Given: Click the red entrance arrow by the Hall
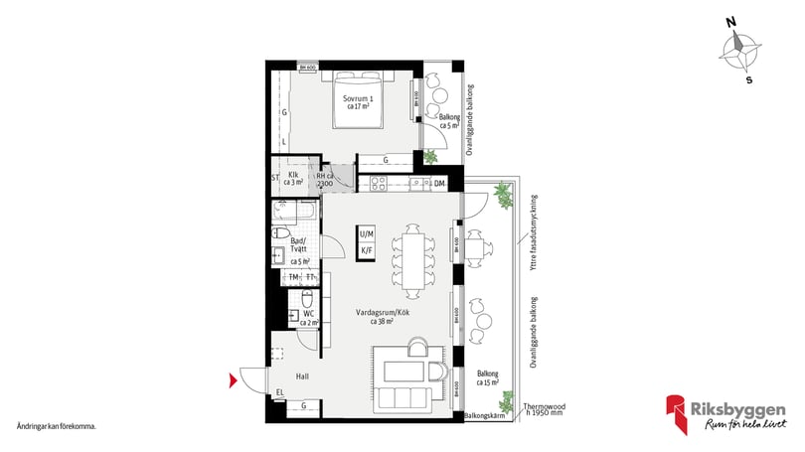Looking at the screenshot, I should pos(234,378).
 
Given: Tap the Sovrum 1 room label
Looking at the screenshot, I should pos(358,102).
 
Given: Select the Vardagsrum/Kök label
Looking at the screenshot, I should pos(382,315).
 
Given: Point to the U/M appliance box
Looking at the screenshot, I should pos(367,233).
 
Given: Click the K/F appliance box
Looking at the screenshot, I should pos(367,250).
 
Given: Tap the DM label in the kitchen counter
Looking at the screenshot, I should pos(439,184).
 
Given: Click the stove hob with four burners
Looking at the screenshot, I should pos(377,184).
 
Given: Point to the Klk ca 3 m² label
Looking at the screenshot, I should pos(293,179).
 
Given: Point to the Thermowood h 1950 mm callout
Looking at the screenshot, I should pos(545,408).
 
